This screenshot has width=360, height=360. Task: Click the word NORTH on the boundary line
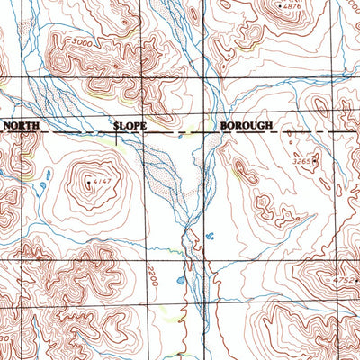20,127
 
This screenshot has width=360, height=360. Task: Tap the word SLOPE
130,127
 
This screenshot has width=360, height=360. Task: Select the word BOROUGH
246,127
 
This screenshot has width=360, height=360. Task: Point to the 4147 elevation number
101,184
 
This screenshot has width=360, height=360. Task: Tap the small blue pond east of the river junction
209,237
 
